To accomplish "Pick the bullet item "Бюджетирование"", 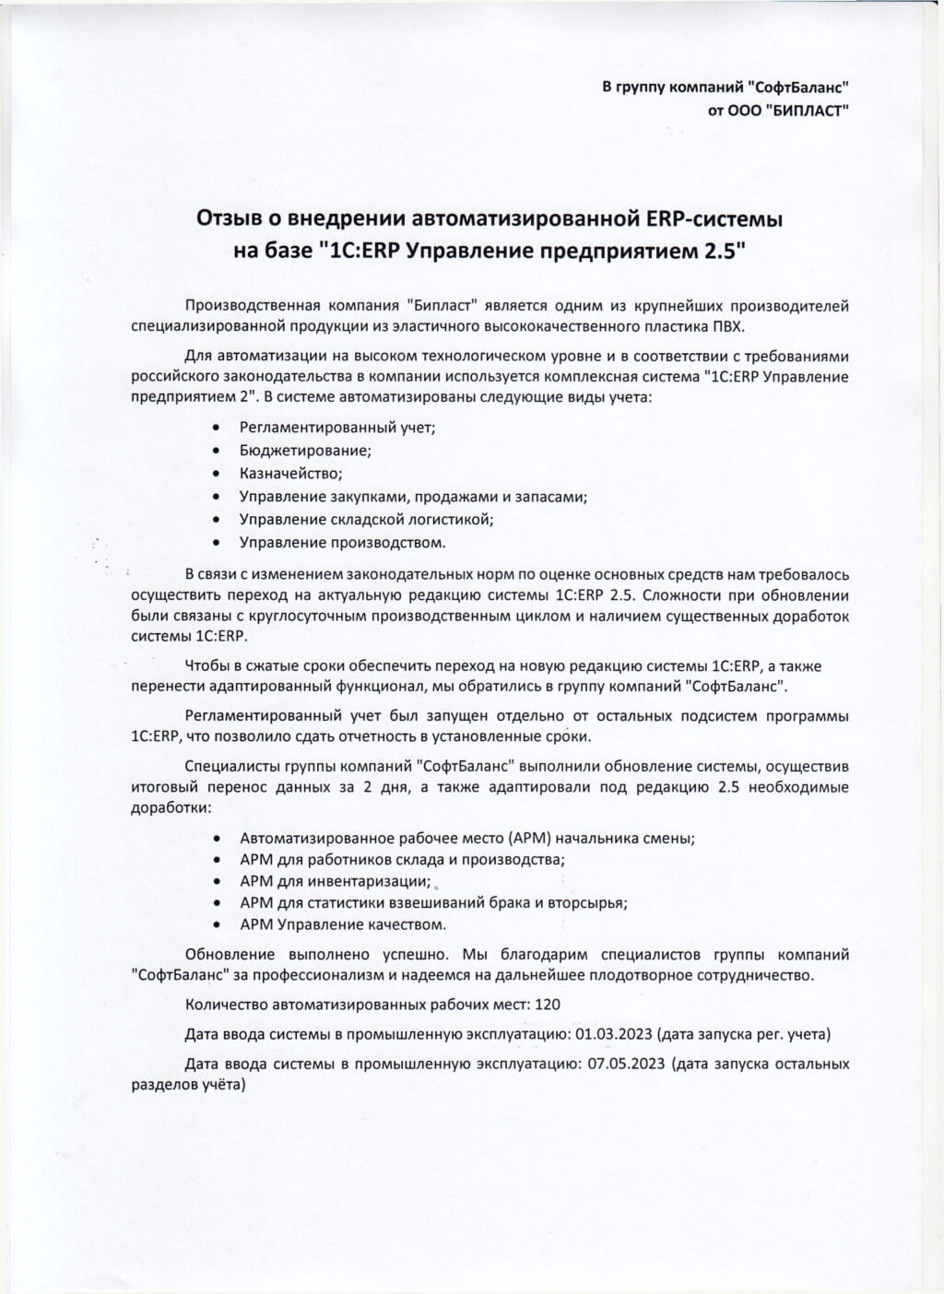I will tap(305, 451).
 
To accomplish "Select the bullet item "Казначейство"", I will tap(290, 474).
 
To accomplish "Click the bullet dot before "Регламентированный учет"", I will tap(216, 428).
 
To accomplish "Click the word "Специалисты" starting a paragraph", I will tap(226, 766).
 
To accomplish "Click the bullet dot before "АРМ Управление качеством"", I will tap(216, 924).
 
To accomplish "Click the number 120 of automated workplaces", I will tap(548, 1005).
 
